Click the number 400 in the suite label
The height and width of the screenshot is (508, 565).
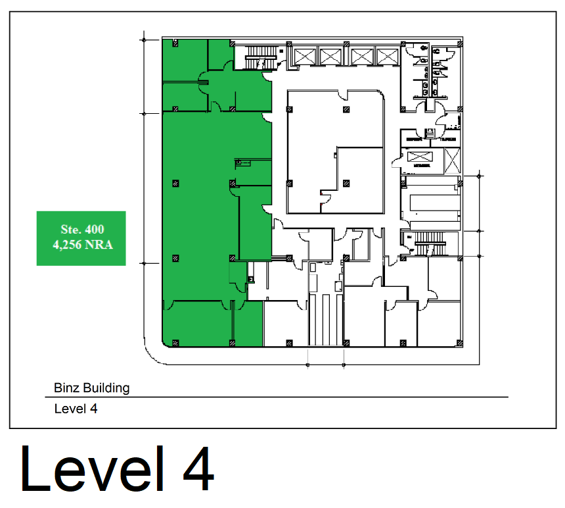pos(93,230)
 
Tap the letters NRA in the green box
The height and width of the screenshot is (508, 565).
pos(99,245)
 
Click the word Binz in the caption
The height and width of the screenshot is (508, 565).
pos(66,388)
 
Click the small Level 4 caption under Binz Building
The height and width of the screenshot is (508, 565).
pos(76,409)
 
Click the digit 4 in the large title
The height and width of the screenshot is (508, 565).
pos(196,469)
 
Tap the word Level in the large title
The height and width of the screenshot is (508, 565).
pos(92,469)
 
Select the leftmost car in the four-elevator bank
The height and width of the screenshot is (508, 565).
pos(305,56)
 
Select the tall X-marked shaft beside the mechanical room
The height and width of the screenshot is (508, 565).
pos(453,162)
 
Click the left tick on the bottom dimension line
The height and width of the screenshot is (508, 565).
pos(308,364)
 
